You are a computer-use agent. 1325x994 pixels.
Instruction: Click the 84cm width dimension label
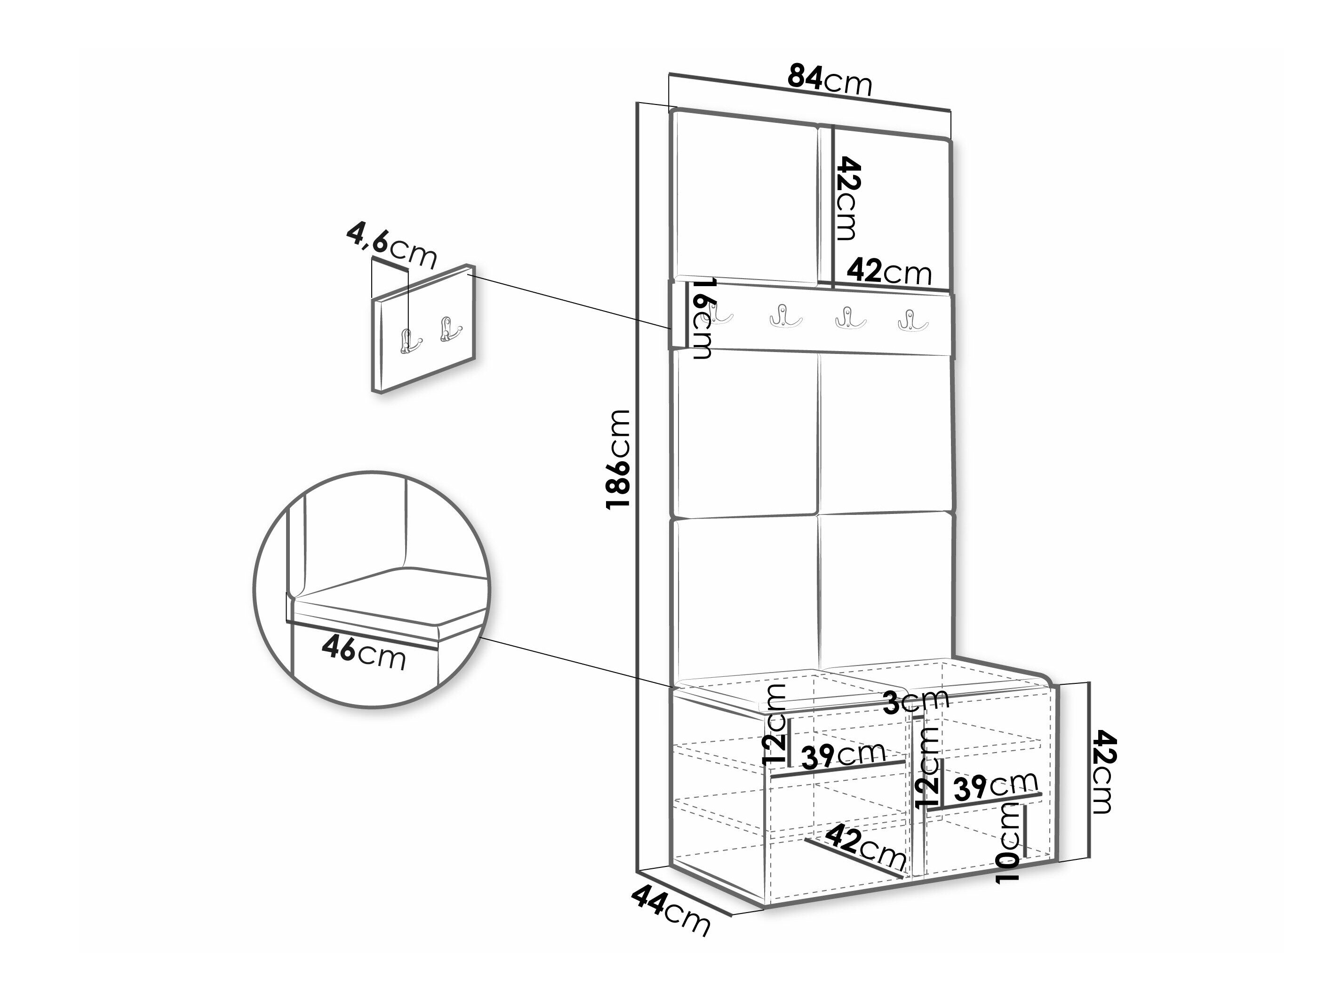(830, 80)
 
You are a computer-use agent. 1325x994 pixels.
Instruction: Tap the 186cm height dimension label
(618, 459)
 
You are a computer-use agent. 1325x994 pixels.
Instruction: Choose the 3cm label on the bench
(917, 700)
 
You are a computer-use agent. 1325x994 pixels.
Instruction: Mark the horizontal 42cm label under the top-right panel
(889, 272)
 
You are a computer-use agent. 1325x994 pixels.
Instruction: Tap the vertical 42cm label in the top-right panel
(846, 198)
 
